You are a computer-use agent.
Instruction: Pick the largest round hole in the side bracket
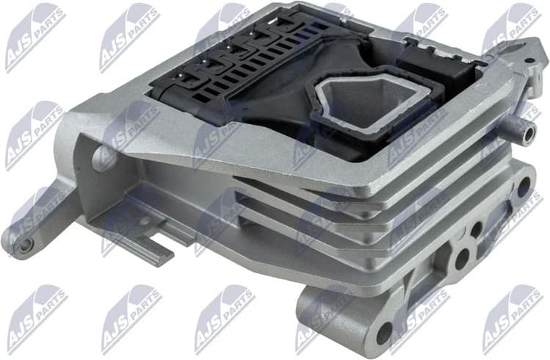point(462,259)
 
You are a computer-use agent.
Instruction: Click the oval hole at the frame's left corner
point(105,156)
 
